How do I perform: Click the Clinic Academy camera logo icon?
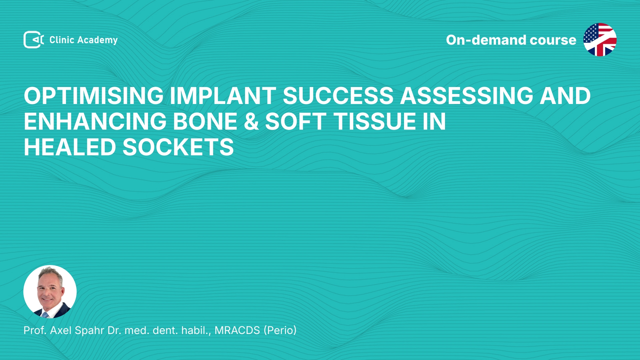point(33,40)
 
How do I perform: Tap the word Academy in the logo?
point(97,40)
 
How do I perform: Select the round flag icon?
point(600,40)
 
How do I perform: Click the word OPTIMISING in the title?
point(94,96)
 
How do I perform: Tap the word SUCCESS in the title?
point(338,96)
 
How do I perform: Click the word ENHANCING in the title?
point(95,121)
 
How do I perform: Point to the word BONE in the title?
point(205,121)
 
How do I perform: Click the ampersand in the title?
point(251,121)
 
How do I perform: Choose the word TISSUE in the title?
point(375,121)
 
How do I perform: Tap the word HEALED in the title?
point(70,147)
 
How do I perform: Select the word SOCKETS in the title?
point(178,147)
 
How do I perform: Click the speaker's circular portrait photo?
point(50,292)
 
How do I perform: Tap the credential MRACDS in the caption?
point(237,330)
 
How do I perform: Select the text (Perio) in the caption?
point(280,330)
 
